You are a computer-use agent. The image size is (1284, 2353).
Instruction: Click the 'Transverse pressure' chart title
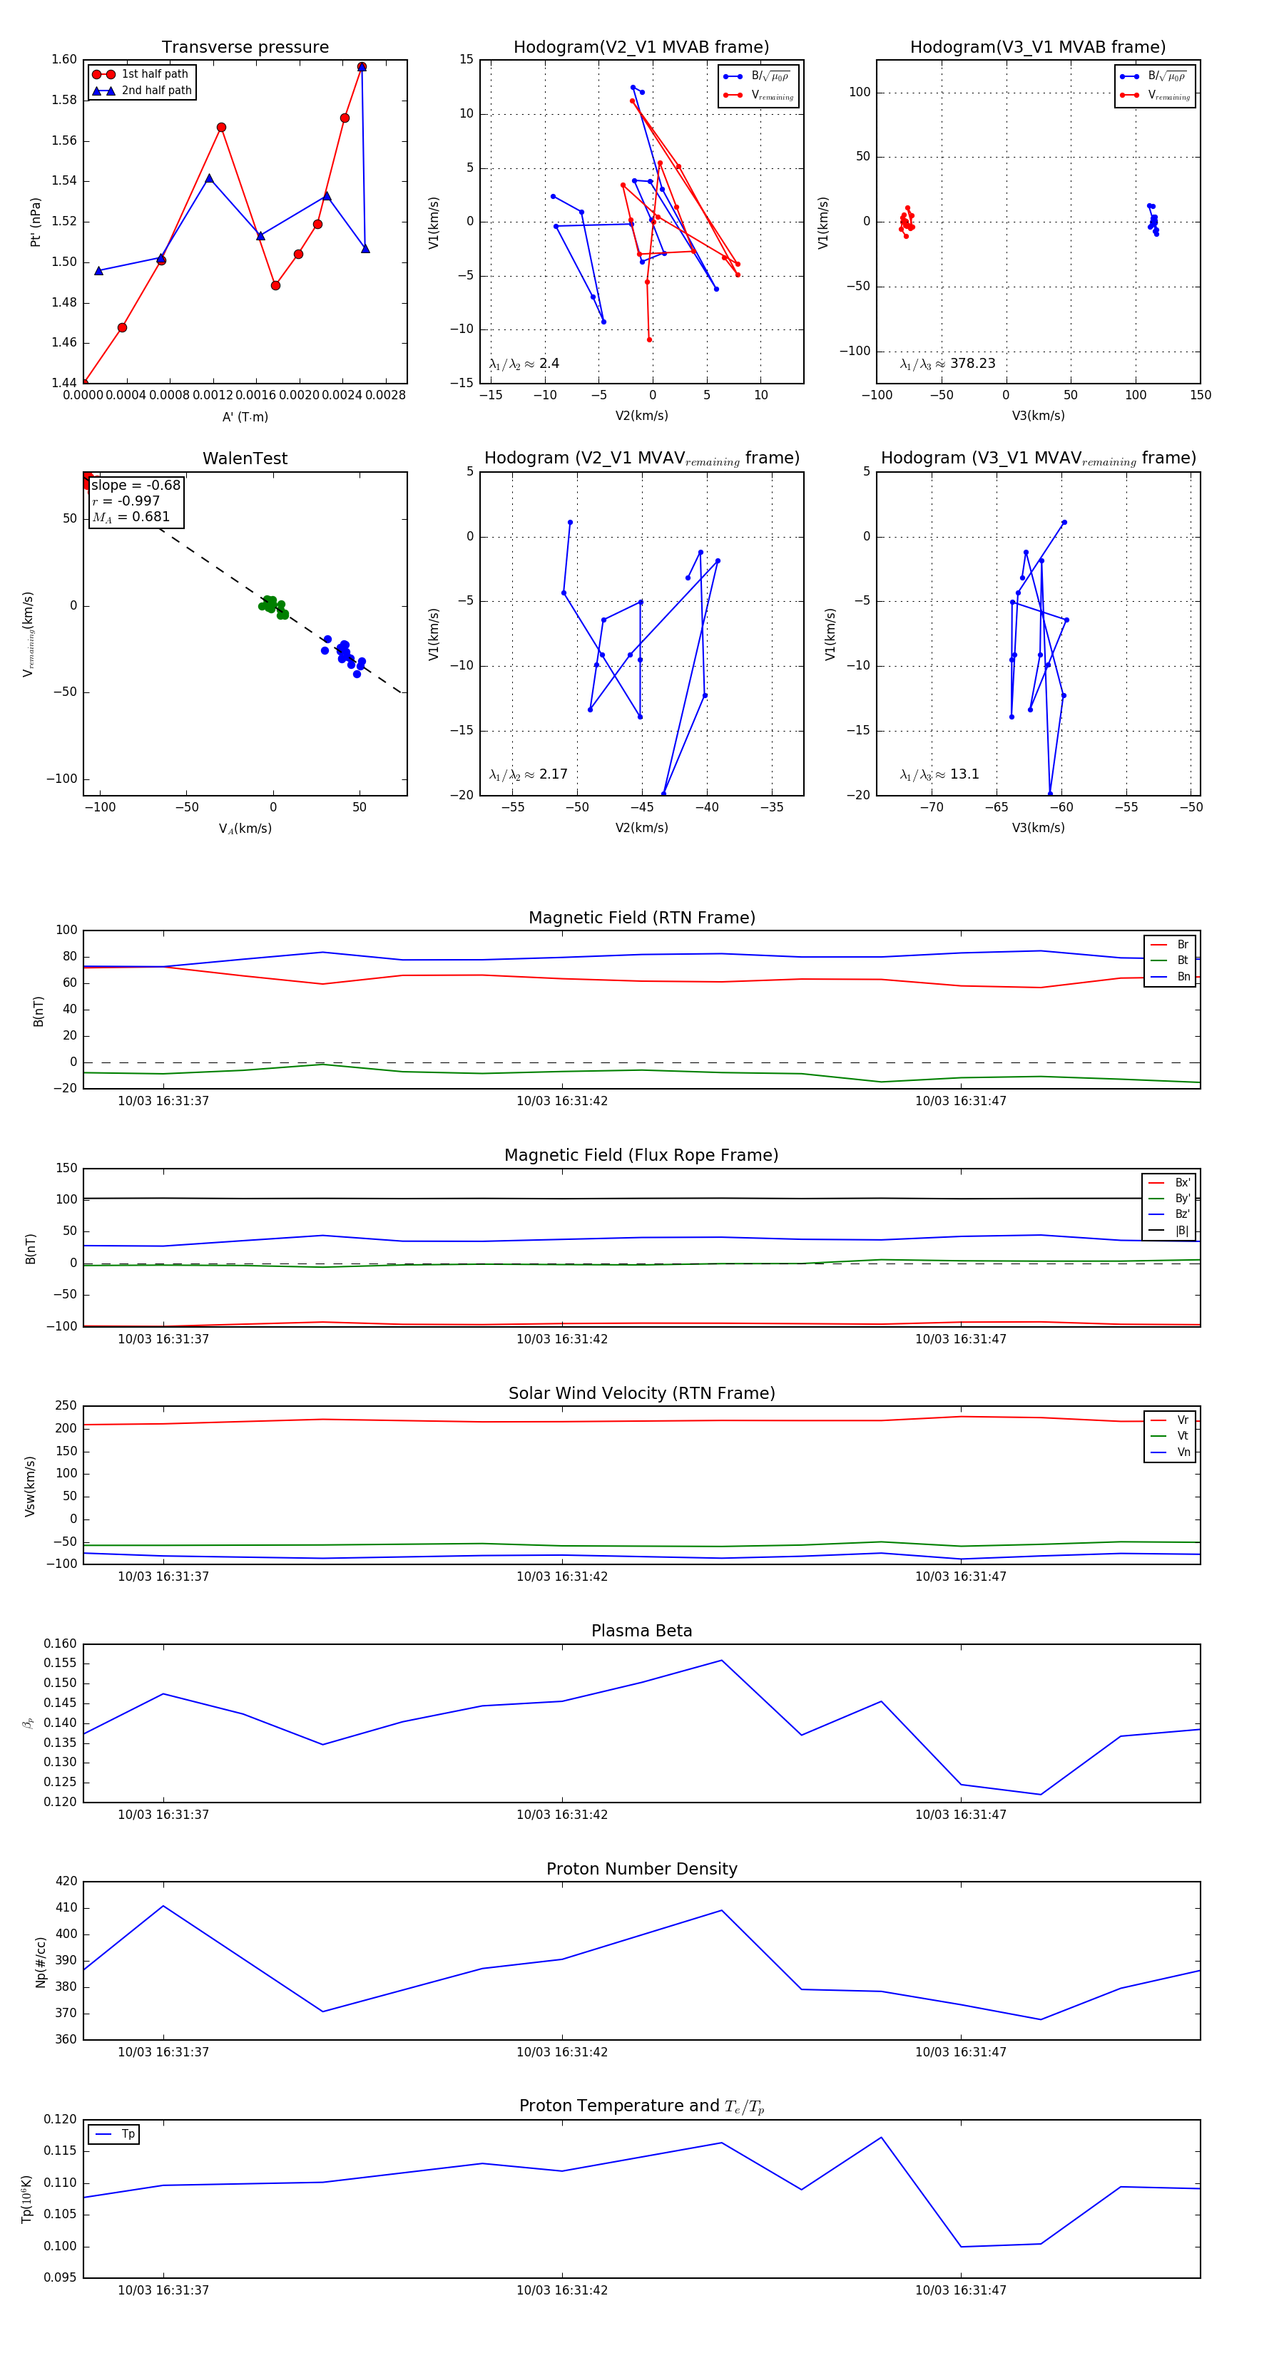245,48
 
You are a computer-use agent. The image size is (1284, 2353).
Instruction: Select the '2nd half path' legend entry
156,91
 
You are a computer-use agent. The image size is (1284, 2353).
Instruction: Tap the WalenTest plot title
245,458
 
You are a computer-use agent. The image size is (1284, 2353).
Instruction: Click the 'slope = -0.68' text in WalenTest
136,485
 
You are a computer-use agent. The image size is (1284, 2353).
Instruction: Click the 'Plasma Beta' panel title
641,1631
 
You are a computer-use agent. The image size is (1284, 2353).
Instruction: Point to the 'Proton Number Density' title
641,1869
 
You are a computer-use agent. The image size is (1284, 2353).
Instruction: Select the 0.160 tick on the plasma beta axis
61,1644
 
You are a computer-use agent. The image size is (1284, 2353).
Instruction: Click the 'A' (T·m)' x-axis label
245,416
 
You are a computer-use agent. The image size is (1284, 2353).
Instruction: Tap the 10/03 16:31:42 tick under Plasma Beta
562,1815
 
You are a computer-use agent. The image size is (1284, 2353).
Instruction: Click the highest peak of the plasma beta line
722,1661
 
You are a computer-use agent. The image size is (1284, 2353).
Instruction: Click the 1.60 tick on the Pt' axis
64,59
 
